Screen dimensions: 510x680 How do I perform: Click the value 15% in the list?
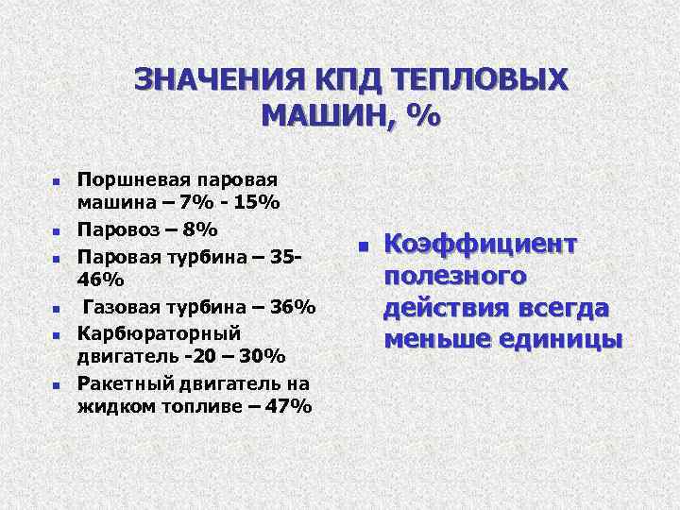tap(256, 203)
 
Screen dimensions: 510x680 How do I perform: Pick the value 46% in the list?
tap(100, 280)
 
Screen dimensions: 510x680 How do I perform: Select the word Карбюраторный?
tap(145, 332)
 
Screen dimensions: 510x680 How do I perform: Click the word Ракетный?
tap(117, 382)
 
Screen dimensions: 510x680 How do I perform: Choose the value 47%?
tap(287, 407)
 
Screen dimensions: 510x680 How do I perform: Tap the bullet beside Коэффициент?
tap(362, 246)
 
